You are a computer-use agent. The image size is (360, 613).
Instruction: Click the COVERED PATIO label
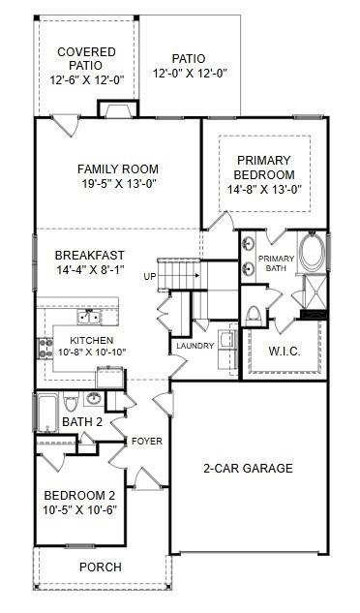click(x=86, y=58)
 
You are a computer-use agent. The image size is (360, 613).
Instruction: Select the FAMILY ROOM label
click(x=118, y=169)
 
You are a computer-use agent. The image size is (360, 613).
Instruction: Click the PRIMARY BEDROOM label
click(x=264, y=167)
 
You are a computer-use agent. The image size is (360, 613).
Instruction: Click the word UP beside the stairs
click(x=150, y=276)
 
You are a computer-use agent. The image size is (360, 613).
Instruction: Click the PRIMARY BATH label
click(x=275, y=264)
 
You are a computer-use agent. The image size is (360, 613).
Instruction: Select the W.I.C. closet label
click(x=284, y=351)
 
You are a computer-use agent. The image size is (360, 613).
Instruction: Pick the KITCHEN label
click(x=91, y=341)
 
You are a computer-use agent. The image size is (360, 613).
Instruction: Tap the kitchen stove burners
click(x=45, y=346)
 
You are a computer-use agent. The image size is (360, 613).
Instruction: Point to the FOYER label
click(x=147, y=442)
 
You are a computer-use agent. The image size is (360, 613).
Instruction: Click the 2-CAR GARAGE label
click(x=248, y=469)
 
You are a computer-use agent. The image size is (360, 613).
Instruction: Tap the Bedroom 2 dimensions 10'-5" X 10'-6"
click(x=80, y=510)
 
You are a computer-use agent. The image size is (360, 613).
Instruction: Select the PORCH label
click(x=101, y=567)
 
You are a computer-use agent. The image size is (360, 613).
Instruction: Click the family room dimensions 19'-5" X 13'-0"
click(x=118, y=183)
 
